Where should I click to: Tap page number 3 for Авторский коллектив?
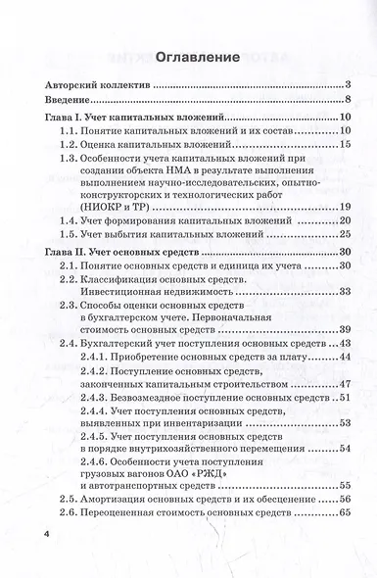[x=348, y=85]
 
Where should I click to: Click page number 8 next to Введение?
[x=348, y=101]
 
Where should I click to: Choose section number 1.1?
[x=70, y=131]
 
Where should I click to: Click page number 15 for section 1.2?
[x=345, y=145]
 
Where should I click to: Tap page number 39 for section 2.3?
[x=345, y=328]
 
